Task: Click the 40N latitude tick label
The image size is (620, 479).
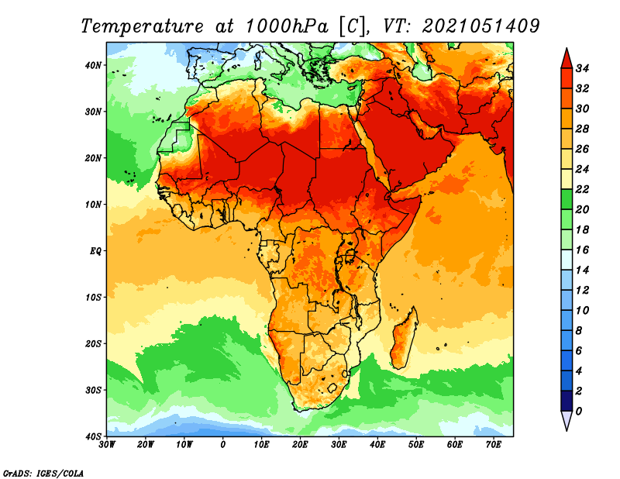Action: [x=93, y=65]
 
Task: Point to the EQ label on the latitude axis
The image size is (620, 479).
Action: [x=95, y=251]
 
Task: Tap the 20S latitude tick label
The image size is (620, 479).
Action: [x=93, y=343]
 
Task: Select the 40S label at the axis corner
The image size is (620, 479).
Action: [x=93, y=436]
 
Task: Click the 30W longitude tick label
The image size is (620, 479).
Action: [x=107, y=445]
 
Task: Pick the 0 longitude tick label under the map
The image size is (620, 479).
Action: [x=223, y=445]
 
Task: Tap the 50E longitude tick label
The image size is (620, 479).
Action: [x=416, y=445]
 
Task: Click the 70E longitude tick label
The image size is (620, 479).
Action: [x=494, y=445]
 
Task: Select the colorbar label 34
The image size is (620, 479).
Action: [x=582, y=68]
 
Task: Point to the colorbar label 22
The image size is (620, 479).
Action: [x=582, y=189]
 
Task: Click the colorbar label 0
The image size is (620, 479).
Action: [x=579, y=412]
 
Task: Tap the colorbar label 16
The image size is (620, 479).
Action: [x=582, y=250]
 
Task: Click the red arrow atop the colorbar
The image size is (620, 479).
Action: [x=567, y=60]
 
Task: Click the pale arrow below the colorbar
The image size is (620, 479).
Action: [x=567, y=420]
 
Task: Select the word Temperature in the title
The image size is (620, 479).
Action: [x=142, y=26]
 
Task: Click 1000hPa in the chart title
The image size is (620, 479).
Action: [x=287, y=26]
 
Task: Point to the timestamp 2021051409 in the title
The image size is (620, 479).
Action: [x=480, y=26]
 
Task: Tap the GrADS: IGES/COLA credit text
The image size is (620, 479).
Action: [x=43, y=473]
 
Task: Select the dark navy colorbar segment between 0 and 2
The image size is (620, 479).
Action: [x=567, y=401]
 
